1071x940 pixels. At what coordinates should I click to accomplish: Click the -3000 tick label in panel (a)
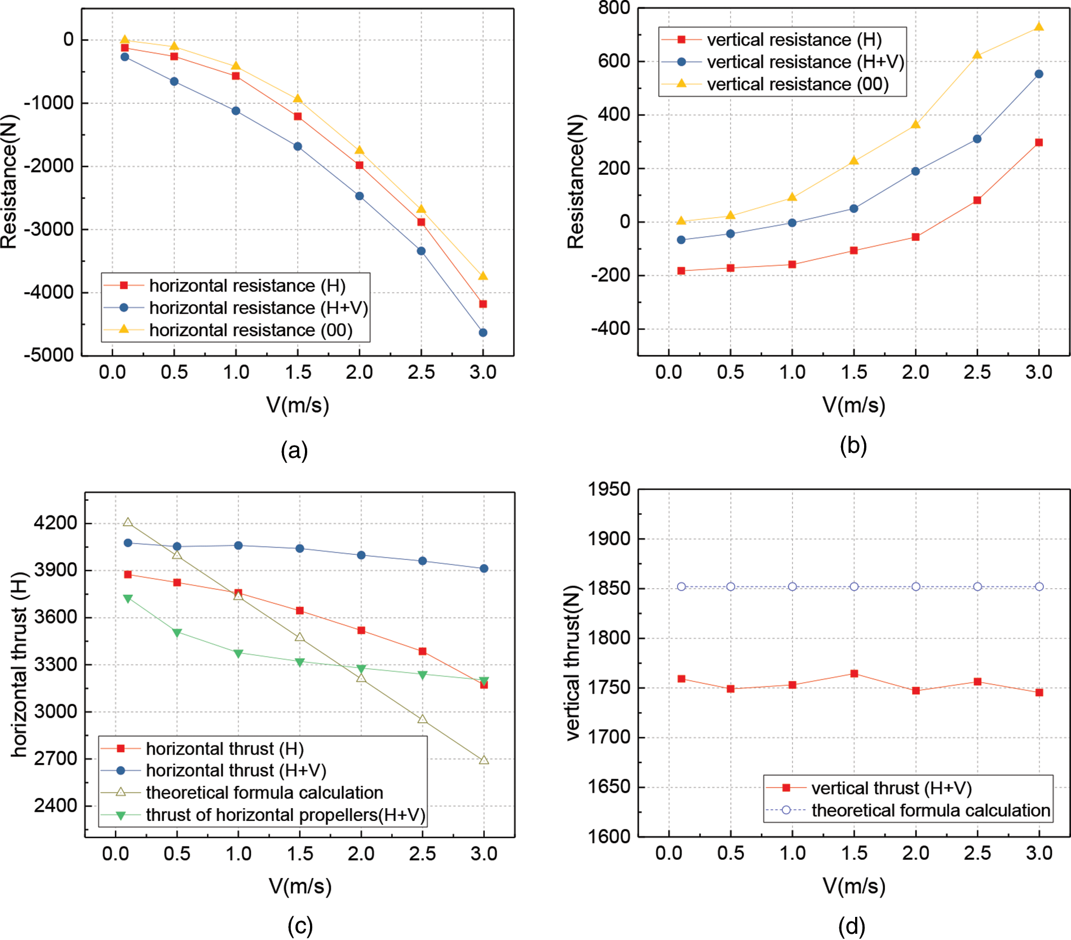point(48,230)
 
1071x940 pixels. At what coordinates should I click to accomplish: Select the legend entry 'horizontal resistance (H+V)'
point(258,308)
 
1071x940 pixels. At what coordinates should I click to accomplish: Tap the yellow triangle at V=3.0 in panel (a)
point(483,276)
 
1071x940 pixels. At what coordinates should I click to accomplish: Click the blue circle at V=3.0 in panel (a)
point(483,333)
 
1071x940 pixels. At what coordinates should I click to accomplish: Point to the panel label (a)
point(294,451)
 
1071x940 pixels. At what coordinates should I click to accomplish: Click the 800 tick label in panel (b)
point(614,8)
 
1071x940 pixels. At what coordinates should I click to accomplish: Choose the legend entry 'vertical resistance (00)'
point(798,84)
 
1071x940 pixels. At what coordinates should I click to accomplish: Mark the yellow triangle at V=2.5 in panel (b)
point(977,55)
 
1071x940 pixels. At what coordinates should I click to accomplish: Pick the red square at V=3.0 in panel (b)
point(1039,143)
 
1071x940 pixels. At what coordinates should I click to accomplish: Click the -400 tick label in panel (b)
point(610,329)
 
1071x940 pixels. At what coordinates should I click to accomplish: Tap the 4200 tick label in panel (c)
point(55,523)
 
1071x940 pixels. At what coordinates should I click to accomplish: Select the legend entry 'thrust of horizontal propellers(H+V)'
point(285,815)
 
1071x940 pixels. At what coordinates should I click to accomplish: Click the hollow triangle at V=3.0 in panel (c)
point(484,760)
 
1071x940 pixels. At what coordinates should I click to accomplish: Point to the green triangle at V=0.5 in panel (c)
point(177,633)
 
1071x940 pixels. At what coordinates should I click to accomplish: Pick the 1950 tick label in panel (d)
point(609,489)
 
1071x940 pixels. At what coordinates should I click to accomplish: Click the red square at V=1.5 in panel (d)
point(854,674)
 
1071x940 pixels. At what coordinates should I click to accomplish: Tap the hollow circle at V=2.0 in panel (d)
point(916,586)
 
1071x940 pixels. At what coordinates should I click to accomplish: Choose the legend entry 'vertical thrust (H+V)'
point(891,788)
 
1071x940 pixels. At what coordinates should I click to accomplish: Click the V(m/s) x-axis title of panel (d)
point(854,886)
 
